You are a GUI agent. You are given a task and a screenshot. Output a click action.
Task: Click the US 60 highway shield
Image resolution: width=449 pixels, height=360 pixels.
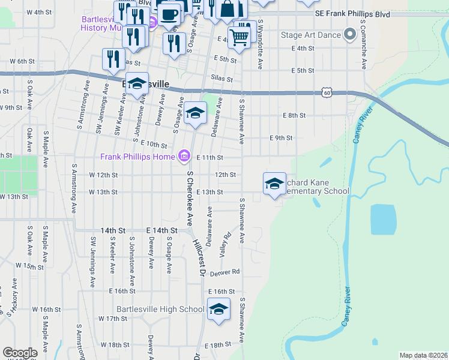coord(326,92)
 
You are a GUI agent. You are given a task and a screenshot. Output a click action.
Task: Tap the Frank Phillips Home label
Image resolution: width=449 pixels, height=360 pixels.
coord(139,157)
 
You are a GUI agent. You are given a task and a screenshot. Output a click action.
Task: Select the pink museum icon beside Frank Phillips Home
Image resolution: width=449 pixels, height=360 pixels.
coord(184,157)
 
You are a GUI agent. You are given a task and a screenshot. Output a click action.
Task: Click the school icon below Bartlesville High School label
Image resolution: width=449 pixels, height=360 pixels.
coord(218,310)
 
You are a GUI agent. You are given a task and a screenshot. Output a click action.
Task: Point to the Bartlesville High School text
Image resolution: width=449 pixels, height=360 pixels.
coord(152,309)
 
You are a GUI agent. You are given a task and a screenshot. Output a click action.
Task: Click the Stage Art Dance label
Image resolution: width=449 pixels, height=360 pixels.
coord(310,35)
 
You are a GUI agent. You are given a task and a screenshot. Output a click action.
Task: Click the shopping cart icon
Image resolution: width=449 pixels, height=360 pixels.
coord(239,38)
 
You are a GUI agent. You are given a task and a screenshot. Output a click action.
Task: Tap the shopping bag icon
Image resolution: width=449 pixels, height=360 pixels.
coord(229,9)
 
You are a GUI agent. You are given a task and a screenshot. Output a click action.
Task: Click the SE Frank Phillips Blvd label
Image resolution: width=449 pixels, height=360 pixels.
coord(352,13)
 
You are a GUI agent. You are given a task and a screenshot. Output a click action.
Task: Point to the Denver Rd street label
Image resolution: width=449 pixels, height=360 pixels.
coord(225,271)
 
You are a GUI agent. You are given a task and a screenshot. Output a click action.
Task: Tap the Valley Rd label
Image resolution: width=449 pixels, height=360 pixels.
coord(226,242)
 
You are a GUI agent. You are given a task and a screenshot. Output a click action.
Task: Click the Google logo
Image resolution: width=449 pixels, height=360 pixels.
coord(20,353)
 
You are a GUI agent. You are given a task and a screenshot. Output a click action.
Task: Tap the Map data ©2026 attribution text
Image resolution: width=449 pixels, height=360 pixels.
coord(423,355)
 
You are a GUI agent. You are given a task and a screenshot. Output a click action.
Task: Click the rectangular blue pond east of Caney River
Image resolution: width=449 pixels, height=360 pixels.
coord(384,220)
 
